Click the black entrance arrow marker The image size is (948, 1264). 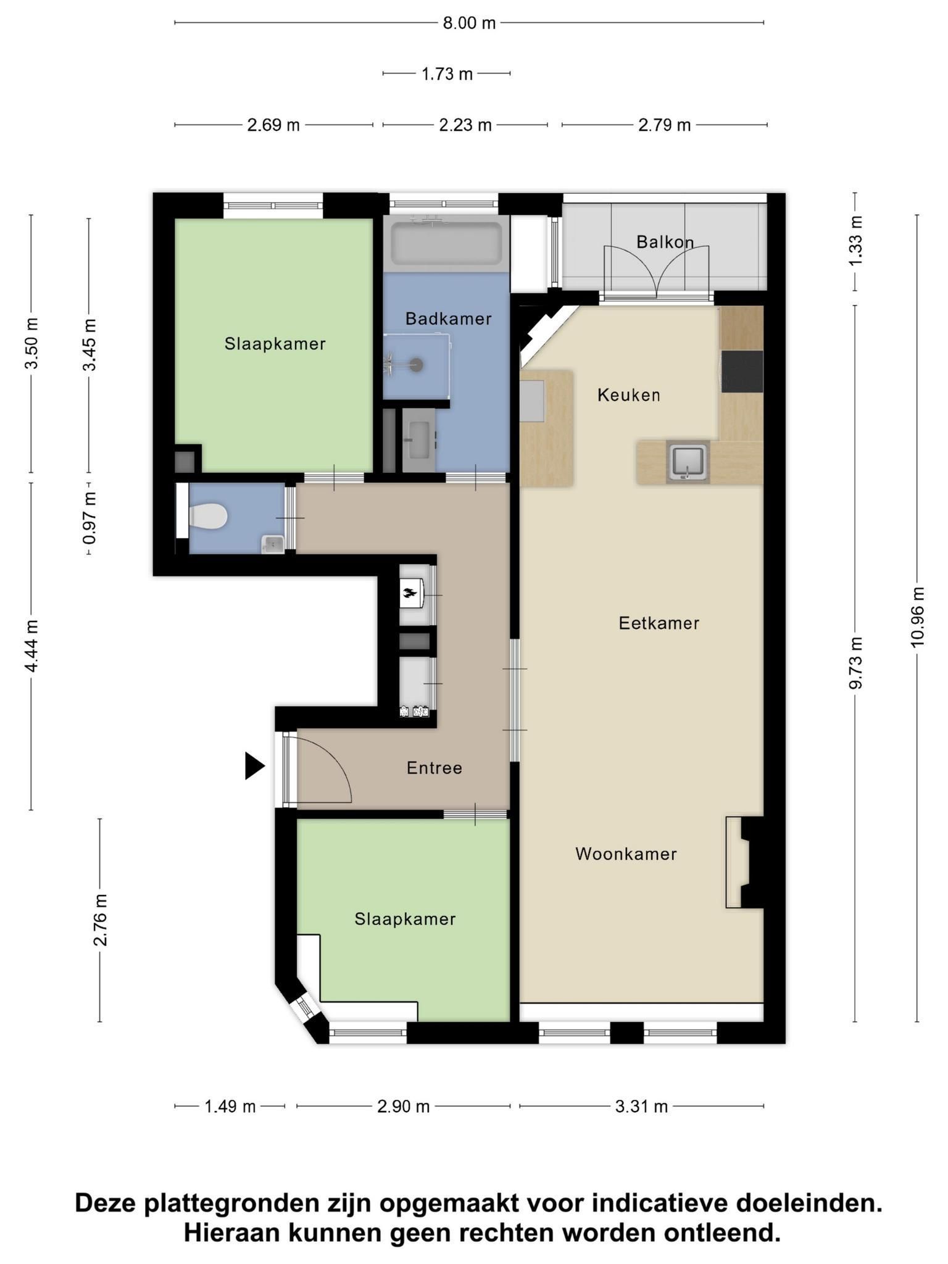tap(254, 766)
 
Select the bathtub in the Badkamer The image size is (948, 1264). tap(446, 244)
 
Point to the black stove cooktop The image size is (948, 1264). tap(742, 371)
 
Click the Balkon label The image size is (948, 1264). tap(665, 242)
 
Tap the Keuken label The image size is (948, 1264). tap(629, 395)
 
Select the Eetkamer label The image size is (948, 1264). tap(659, 623)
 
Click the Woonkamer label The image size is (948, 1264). tap(626, 854)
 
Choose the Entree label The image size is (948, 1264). tap(434, 768)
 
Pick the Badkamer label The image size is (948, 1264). tap(448, 318)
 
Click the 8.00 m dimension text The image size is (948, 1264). tap(469, 23)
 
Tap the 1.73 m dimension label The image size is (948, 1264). tap(447, 74)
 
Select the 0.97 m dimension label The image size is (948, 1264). tap(89, 518)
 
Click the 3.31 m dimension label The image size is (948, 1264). tap(641, 1107)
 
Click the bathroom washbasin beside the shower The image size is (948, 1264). tap(420, 439)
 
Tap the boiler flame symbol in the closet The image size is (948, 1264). tap(408, 594)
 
